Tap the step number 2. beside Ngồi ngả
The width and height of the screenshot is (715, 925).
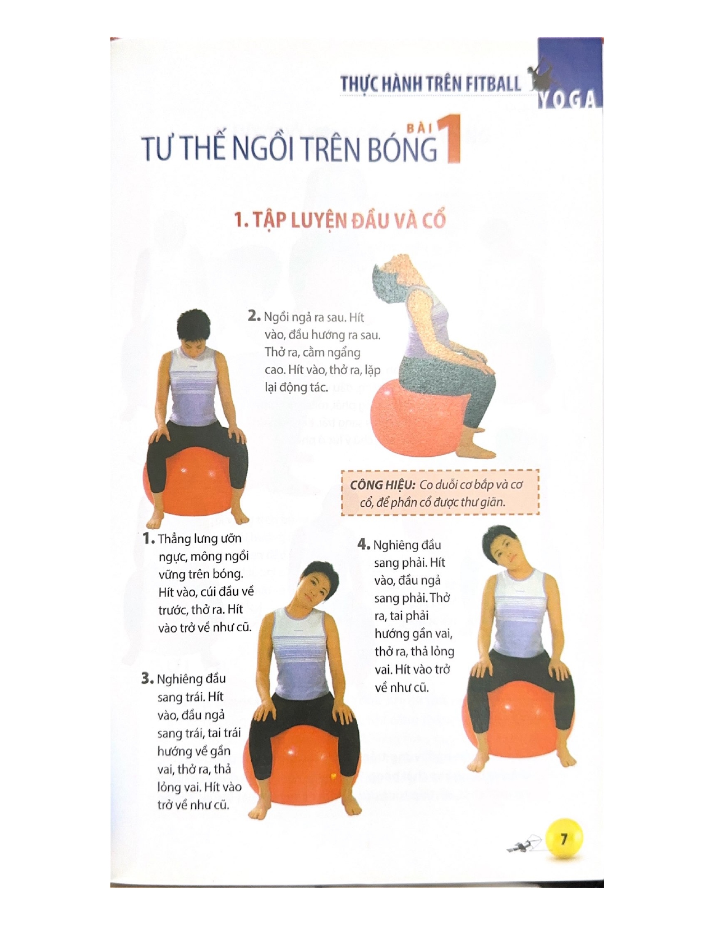(254, 316)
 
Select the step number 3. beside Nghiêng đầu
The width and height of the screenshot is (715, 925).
(147, 678)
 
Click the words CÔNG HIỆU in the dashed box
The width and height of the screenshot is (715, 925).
(382, 485)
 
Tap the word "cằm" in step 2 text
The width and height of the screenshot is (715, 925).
(314, 353)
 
